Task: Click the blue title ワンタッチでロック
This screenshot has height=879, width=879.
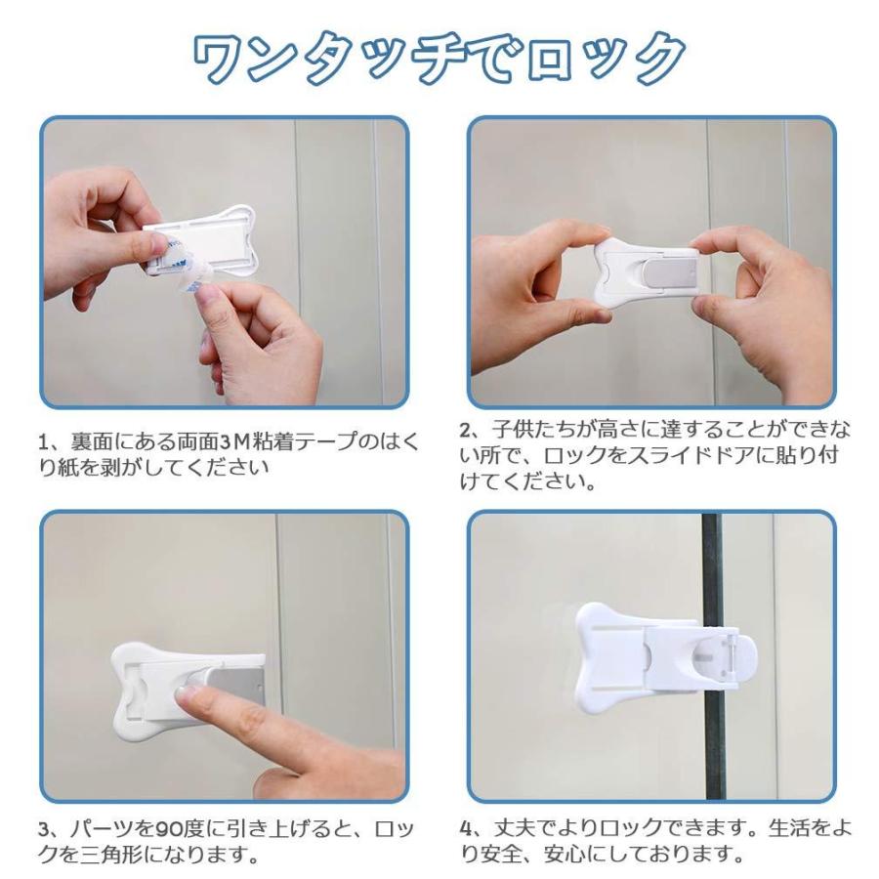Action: (439, 59)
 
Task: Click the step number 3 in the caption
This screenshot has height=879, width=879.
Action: (45, 829)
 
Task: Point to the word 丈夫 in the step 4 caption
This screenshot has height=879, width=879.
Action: (514, 828)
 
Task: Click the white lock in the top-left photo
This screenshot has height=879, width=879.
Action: (199, 241)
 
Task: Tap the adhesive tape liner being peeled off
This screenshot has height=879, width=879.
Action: (190, 267)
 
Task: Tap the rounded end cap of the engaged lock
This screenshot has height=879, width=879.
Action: (743, 657)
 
